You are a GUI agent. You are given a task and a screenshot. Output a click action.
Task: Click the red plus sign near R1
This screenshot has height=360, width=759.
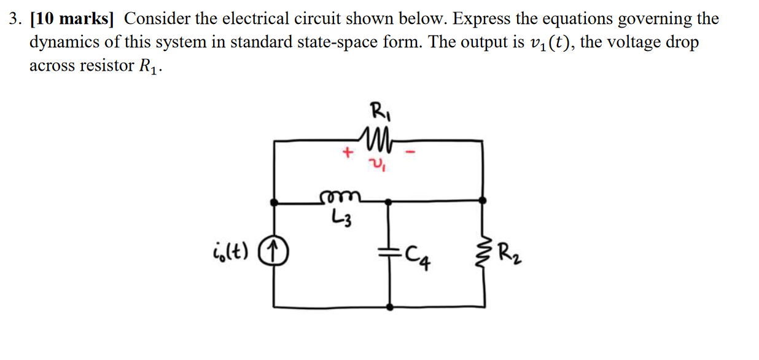click(347, 152)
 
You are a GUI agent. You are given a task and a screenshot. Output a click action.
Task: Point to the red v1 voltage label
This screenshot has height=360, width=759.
click(379, 165)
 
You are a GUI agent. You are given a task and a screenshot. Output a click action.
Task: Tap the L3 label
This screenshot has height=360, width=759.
click(341, 217)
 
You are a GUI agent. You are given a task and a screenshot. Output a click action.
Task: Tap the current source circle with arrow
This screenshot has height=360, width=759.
click(275, 251)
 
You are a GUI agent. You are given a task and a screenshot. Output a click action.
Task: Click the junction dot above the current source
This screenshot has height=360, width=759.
click(274, 201)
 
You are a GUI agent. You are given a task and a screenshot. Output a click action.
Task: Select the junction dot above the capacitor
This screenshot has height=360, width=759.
click(388, 200)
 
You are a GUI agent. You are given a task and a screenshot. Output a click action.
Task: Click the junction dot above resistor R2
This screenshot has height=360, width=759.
click(484, 200)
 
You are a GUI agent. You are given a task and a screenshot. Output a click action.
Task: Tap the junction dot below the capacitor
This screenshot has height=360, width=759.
click(391, 306)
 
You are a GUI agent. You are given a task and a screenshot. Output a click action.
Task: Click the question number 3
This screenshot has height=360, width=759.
click(14, 19)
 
